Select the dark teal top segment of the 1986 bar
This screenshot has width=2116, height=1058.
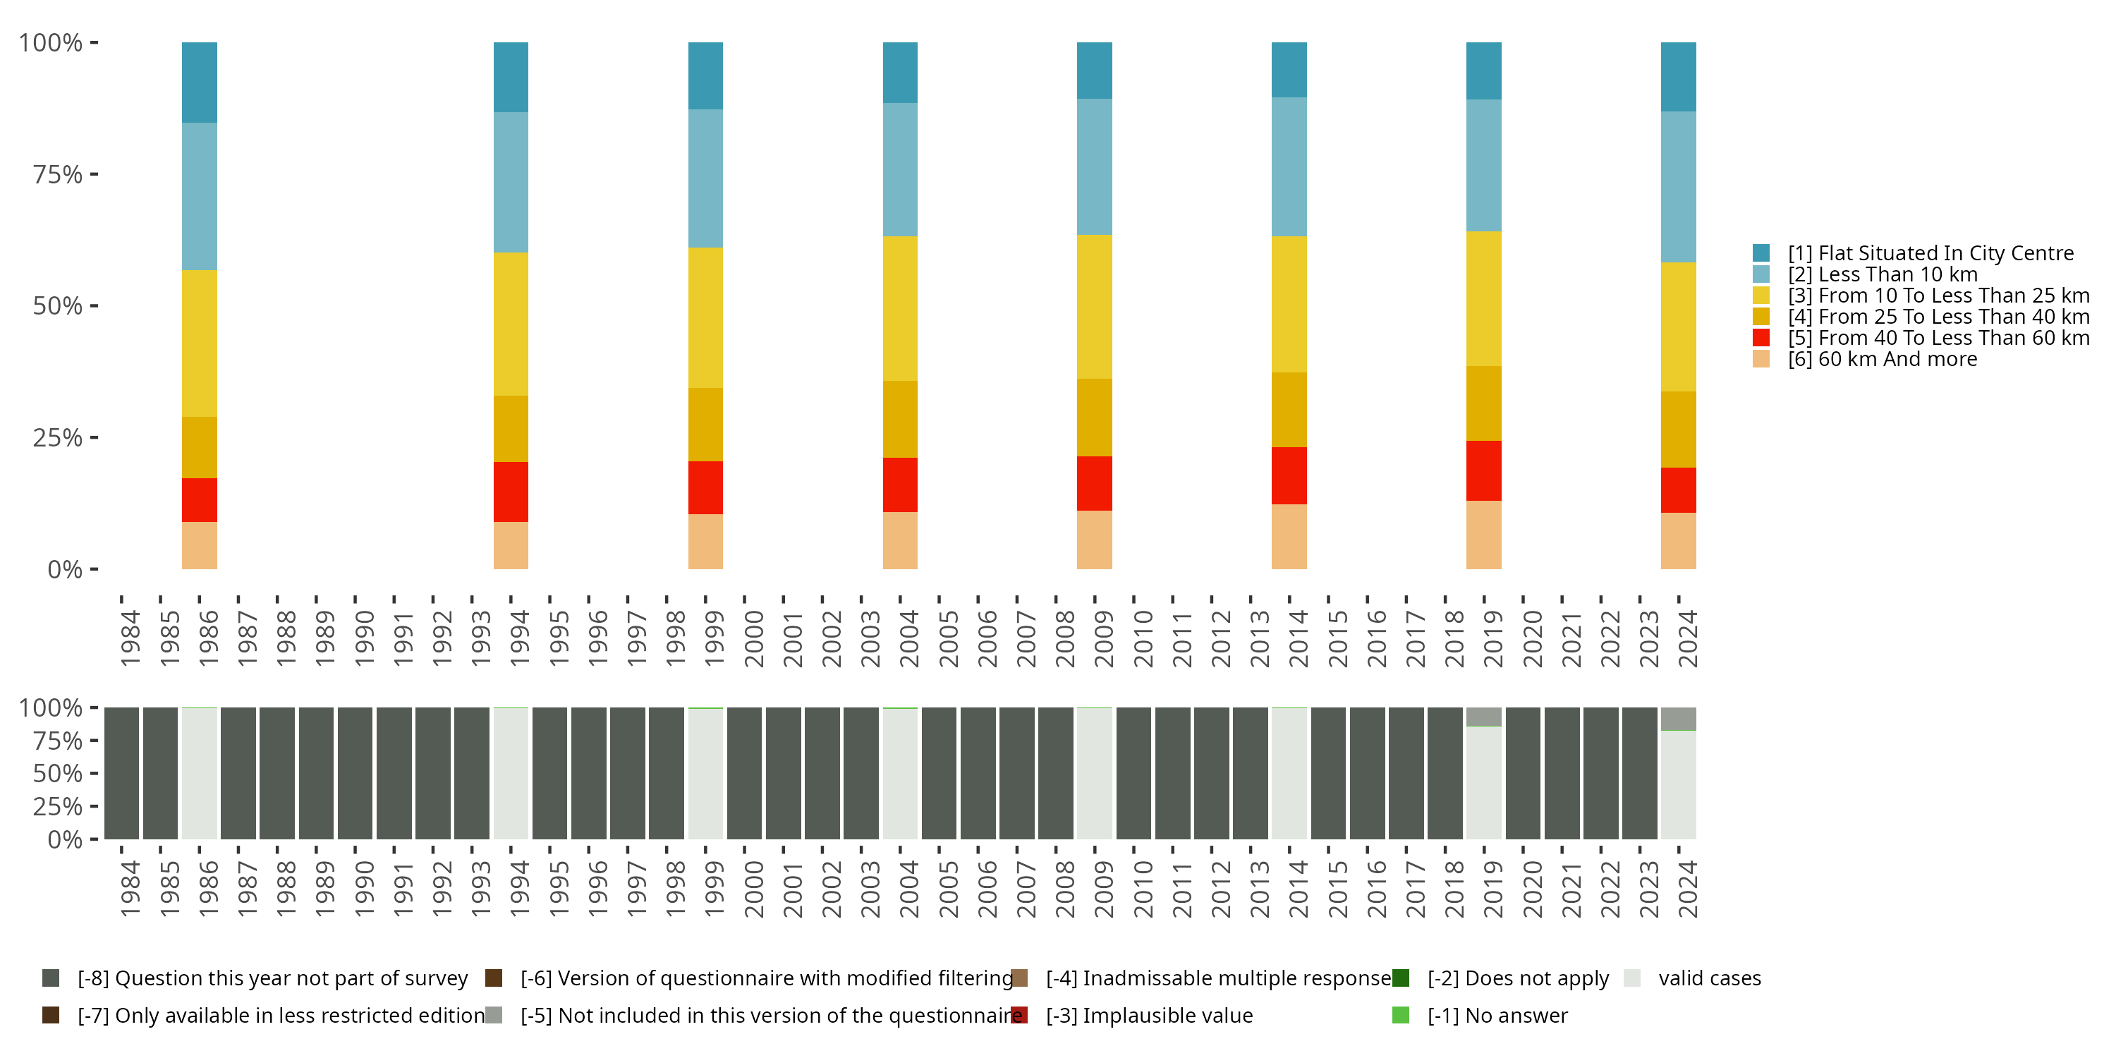click(200, 82)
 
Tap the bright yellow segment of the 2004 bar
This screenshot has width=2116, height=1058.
click(900, 308)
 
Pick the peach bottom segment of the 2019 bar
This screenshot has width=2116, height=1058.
click(1483, 534)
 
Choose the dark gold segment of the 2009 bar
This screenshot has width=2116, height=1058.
click(1094, 418)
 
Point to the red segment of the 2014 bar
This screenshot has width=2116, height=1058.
click(1289, 475)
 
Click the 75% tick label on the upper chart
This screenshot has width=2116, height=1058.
click(58, 174)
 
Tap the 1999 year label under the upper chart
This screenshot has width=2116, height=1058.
click(714, 638)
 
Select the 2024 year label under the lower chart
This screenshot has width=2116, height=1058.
click(1687, 889)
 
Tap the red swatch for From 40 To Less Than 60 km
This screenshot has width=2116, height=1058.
click(1761, 338)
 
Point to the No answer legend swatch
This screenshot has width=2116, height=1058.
click(1401, 1015)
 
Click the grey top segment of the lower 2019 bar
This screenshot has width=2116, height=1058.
click(1483, 717)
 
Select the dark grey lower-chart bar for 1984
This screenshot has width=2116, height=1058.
click(121, 773)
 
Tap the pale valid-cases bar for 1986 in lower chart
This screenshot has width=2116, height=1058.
click(200, 774)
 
